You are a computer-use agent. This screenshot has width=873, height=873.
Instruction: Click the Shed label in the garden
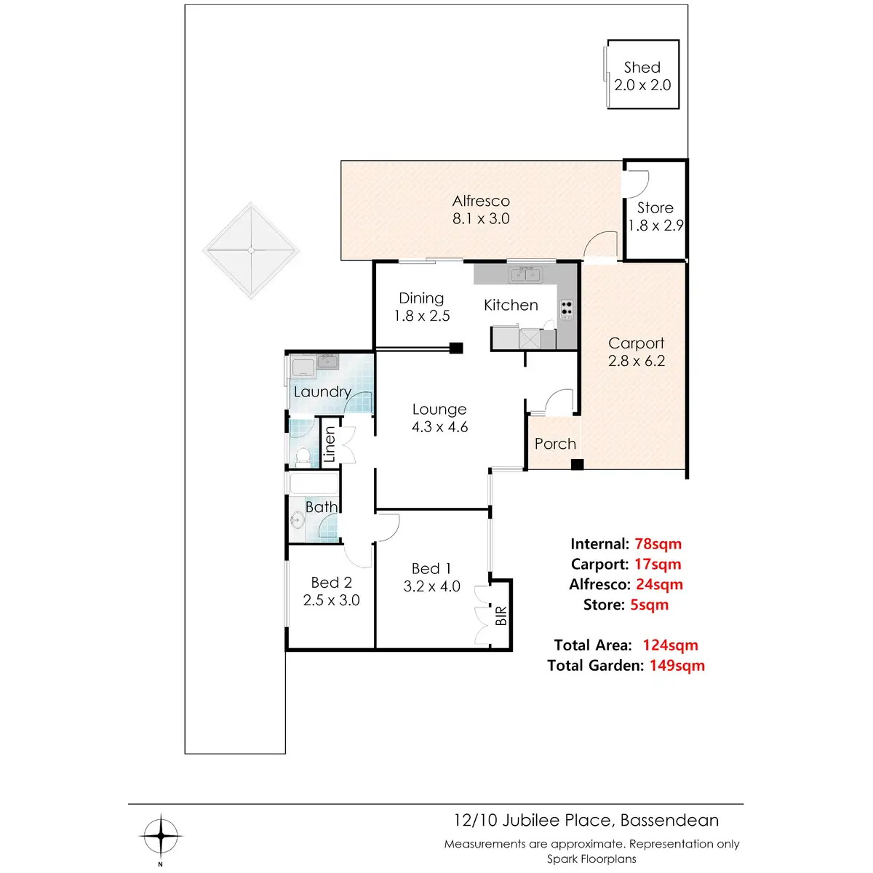[x=642, y=68]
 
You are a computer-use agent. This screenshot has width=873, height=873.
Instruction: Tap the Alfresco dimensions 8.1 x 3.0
[x=481, y=219]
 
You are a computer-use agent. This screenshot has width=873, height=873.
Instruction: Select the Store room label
[x=655, y=208]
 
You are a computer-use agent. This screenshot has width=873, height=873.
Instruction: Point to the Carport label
[x=637, y=343]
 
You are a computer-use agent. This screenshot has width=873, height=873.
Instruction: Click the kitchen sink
[x=525, y=274]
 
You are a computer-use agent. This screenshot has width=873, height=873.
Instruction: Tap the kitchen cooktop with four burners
[x=567, y=308]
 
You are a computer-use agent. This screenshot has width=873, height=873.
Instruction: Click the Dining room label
[x=421, y=298]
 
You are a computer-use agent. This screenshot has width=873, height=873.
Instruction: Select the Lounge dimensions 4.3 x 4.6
[x=439, y=427]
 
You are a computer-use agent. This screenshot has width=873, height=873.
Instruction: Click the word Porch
[x=555, y=444]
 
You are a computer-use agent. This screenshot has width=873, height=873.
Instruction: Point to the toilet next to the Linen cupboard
[x=303, y=456]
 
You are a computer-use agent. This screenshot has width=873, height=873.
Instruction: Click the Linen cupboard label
[x=330, y=445]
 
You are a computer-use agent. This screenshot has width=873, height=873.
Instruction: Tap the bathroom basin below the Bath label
[x=297, y=520]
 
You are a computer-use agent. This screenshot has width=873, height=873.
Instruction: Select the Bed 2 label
[x=331, y=583]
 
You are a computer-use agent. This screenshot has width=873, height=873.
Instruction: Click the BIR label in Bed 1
[x=501, y=616]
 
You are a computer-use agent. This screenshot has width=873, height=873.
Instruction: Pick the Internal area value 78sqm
[x=658, y=544]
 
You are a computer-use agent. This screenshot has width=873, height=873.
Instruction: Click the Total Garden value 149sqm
[x=677, y=666]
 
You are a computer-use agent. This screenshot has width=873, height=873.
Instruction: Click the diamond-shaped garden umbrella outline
[x=251, y=250]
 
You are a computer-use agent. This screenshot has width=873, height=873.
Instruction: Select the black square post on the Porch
[x=577, y=464]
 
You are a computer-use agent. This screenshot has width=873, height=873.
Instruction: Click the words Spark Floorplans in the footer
[x=591, y=859]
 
